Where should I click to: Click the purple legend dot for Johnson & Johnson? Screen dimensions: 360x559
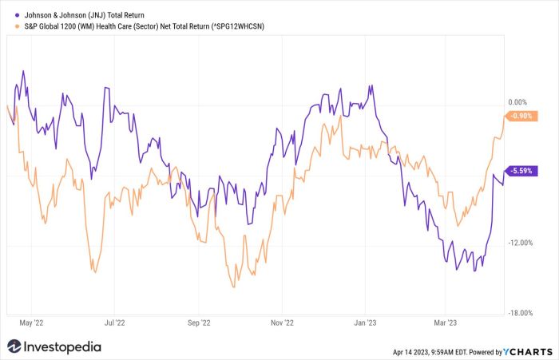[x=18, y=15]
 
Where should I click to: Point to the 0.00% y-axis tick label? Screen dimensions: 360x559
[x=518, y=102]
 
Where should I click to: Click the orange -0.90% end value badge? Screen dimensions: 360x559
[x=523, y=117]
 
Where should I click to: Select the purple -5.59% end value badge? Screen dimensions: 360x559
[x=523, y=171]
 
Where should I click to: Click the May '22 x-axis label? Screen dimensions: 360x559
[x=31, y=323]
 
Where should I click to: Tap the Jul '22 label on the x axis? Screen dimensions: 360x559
[x=115, y=323]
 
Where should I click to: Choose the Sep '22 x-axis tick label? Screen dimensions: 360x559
[x=199, y=323]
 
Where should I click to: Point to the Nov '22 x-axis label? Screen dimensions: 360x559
[x=282, y=323]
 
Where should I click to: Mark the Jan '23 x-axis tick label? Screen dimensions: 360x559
[x=365, y=323]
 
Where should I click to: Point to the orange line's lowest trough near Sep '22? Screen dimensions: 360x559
[x=233, y=287]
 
